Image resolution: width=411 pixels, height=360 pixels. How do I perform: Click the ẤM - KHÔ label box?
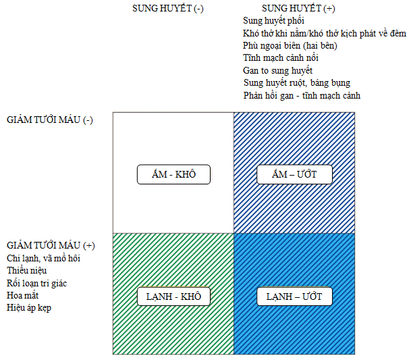tap(173, 174)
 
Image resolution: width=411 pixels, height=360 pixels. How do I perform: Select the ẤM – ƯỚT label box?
tap(294, 174)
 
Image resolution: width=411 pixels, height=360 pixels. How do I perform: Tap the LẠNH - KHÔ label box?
tap(173, 297)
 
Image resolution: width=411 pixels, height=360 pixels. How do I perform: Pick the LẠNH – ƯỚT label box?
tap(294, 297)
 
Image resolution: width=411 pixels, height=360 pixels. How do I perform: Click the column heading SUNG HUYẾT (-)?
tap(168, 8)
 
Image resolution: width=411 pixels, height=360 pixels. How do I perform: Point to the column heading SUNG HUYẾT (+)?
tap(298, 8)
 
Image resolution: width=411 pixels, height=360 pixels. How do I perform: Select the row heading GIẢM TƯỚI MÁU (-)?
tap(50, 120)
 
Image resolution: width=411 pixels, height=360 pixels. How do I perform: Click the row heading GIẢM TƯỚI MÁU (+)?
tap(51, 246)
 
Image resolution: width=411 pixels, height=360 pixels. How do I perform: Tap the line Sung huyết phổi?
tap(273, 21)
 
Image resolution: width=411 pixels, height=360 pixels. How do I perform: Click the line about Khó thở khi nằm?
tap(325, 33)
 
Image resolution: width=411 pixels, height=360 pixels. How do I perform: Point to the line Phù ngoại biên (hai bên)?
tap(290, 46)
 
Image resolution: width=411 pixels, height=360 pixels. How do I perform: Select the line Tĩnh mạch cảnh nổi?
tap(281, 57)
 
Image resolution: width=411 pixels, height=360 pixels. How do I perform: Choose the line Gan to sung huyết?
tap(277, 70)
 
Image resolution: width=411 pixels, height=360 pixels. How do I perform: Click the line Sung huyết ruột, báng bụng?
tap(297, 83)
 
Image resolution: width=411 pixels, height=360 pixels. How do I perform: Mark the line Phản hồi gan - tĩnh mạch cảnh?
tap(302, 95)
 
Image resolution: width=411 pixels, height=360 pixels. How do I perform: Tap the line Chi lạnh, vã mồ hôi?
tap(43, 259)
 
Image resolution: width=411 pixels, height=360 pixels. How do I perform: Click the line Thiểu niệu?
tap(27, 271)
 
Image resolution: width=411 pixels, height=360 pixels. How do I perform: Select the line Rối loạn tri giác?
tap(36, 284)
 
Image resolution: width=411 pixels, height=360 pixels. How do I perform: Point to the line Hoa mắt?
tap(22, 295)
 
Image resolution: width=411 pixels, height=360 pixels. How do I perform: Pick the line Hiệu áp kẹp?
tap(29, 308)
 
